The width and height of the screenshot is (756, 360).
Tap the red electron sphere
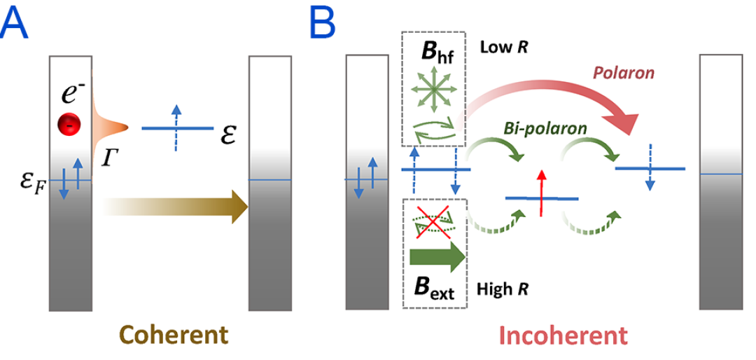click(x=69, y=125)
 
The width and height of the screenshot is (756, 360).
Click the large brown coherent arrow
click(x=175, y=205)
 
